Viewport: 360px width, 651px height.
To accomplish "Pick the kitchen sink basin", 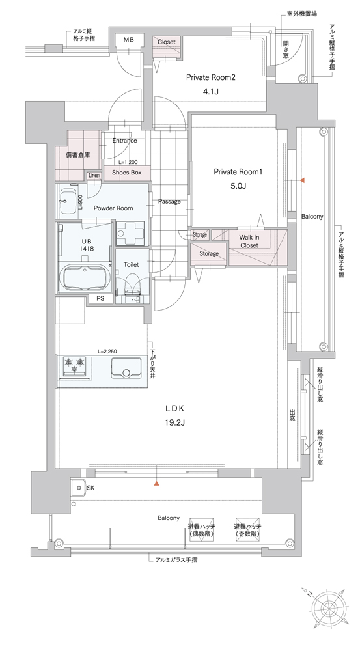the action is tap(125, 368).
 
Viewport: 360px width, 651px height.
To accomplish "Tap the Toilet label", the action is tap(132, 264).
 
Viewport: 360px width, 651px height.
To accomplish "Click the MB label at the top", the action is tap(128, 40).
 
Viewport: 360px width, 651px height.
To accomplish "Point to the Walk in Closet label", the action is tap(249, 242).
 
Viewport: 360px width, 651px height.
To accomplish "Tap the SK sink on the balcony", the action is tap(77, 488).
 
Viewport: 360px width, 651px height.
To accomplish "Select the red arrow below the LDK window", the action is tap(156, 483).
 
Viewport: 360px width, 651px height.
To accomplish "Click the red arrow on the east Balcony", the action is tap(303, 180).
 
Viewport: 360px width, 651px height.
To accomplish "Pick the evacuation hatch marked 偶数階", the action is tap(201, 528).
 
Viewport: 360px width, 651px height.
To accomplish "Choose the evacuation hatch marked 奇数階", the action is tap(247, 528).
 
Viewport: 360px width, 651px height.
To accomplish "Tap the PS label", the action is tap(100, 299).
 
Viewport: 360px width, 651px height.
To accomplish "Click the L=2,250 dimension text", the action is tap(107, 352).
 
